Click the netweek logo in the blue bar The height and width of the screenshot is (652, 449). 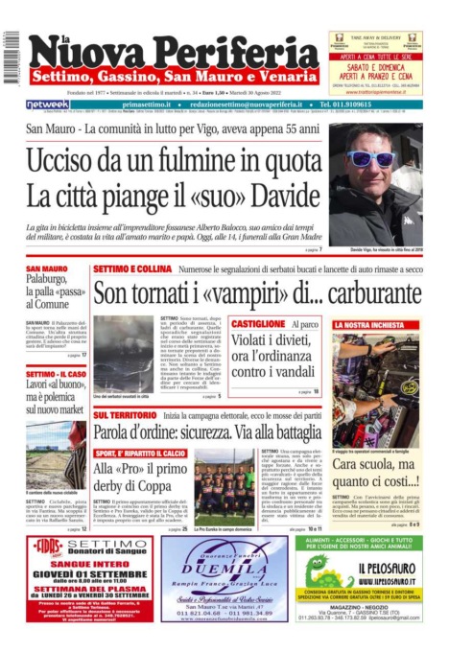pyautogui.click(x=47, y=104)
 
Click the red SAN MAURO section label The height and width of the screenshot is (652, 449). pyautogui.click(x=46, y=268)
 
